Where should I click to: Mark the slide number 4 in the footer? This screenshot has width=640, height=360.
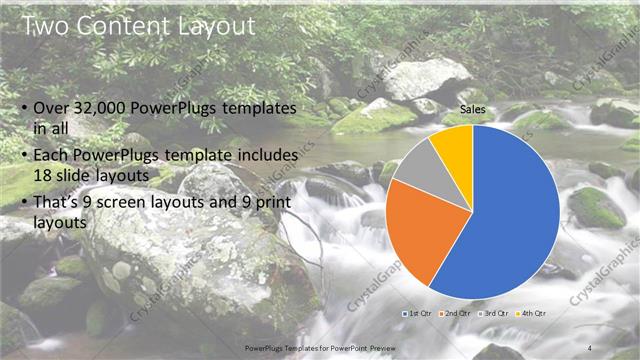click(x=589, y=347)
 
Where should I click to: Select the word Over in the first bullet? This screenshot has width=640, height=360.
click(x=51, y=108)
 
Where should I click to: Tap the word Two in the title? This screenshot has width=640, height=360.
click(x=44, y=25)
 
